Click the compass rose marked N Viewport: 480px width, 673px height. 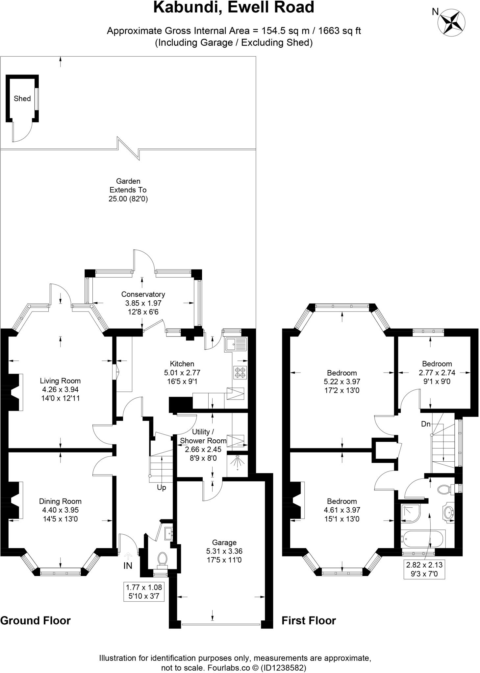pyautogui.click(x=451, y=22)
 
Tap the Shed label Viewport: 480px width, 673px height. pyautogui.click(x=22, y=99)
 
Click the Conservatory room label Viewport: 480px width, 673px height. pyautogui.click(x=143, y=294)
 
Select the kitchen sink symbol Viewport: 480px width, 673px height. pyautogui.click(x=236, y=344)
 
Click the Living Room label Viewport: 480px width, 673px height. pyautogui.click(x=60, y=381)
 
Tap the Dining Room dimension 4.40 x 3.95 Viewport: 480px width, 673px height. pyautogui.click(x=60, y=510)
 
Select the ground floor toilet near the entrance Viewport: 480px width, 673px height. pyautogui.click(x=162, y=559)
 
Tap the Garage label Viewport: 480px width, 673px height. pyautogui.click(x=224, y=543)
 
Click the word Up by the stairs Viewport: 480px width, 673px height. pyautogui.click(x=161, y=488)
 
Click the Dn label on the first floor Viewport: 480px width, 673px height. pyautogui.click(x=425, y=424)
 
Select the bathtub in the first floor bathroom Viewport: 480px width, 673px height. pyautogui.click(x=422, y=539)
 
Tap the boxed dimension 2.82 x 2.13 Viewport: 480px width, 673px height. pyautogui.click(x=424, y=569)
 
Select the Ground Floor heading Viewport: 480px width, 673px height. pyautogui.click(x=36, y=620)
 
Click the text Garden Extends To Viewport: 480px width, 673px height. pyautogui.click(x=128, y=185)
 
